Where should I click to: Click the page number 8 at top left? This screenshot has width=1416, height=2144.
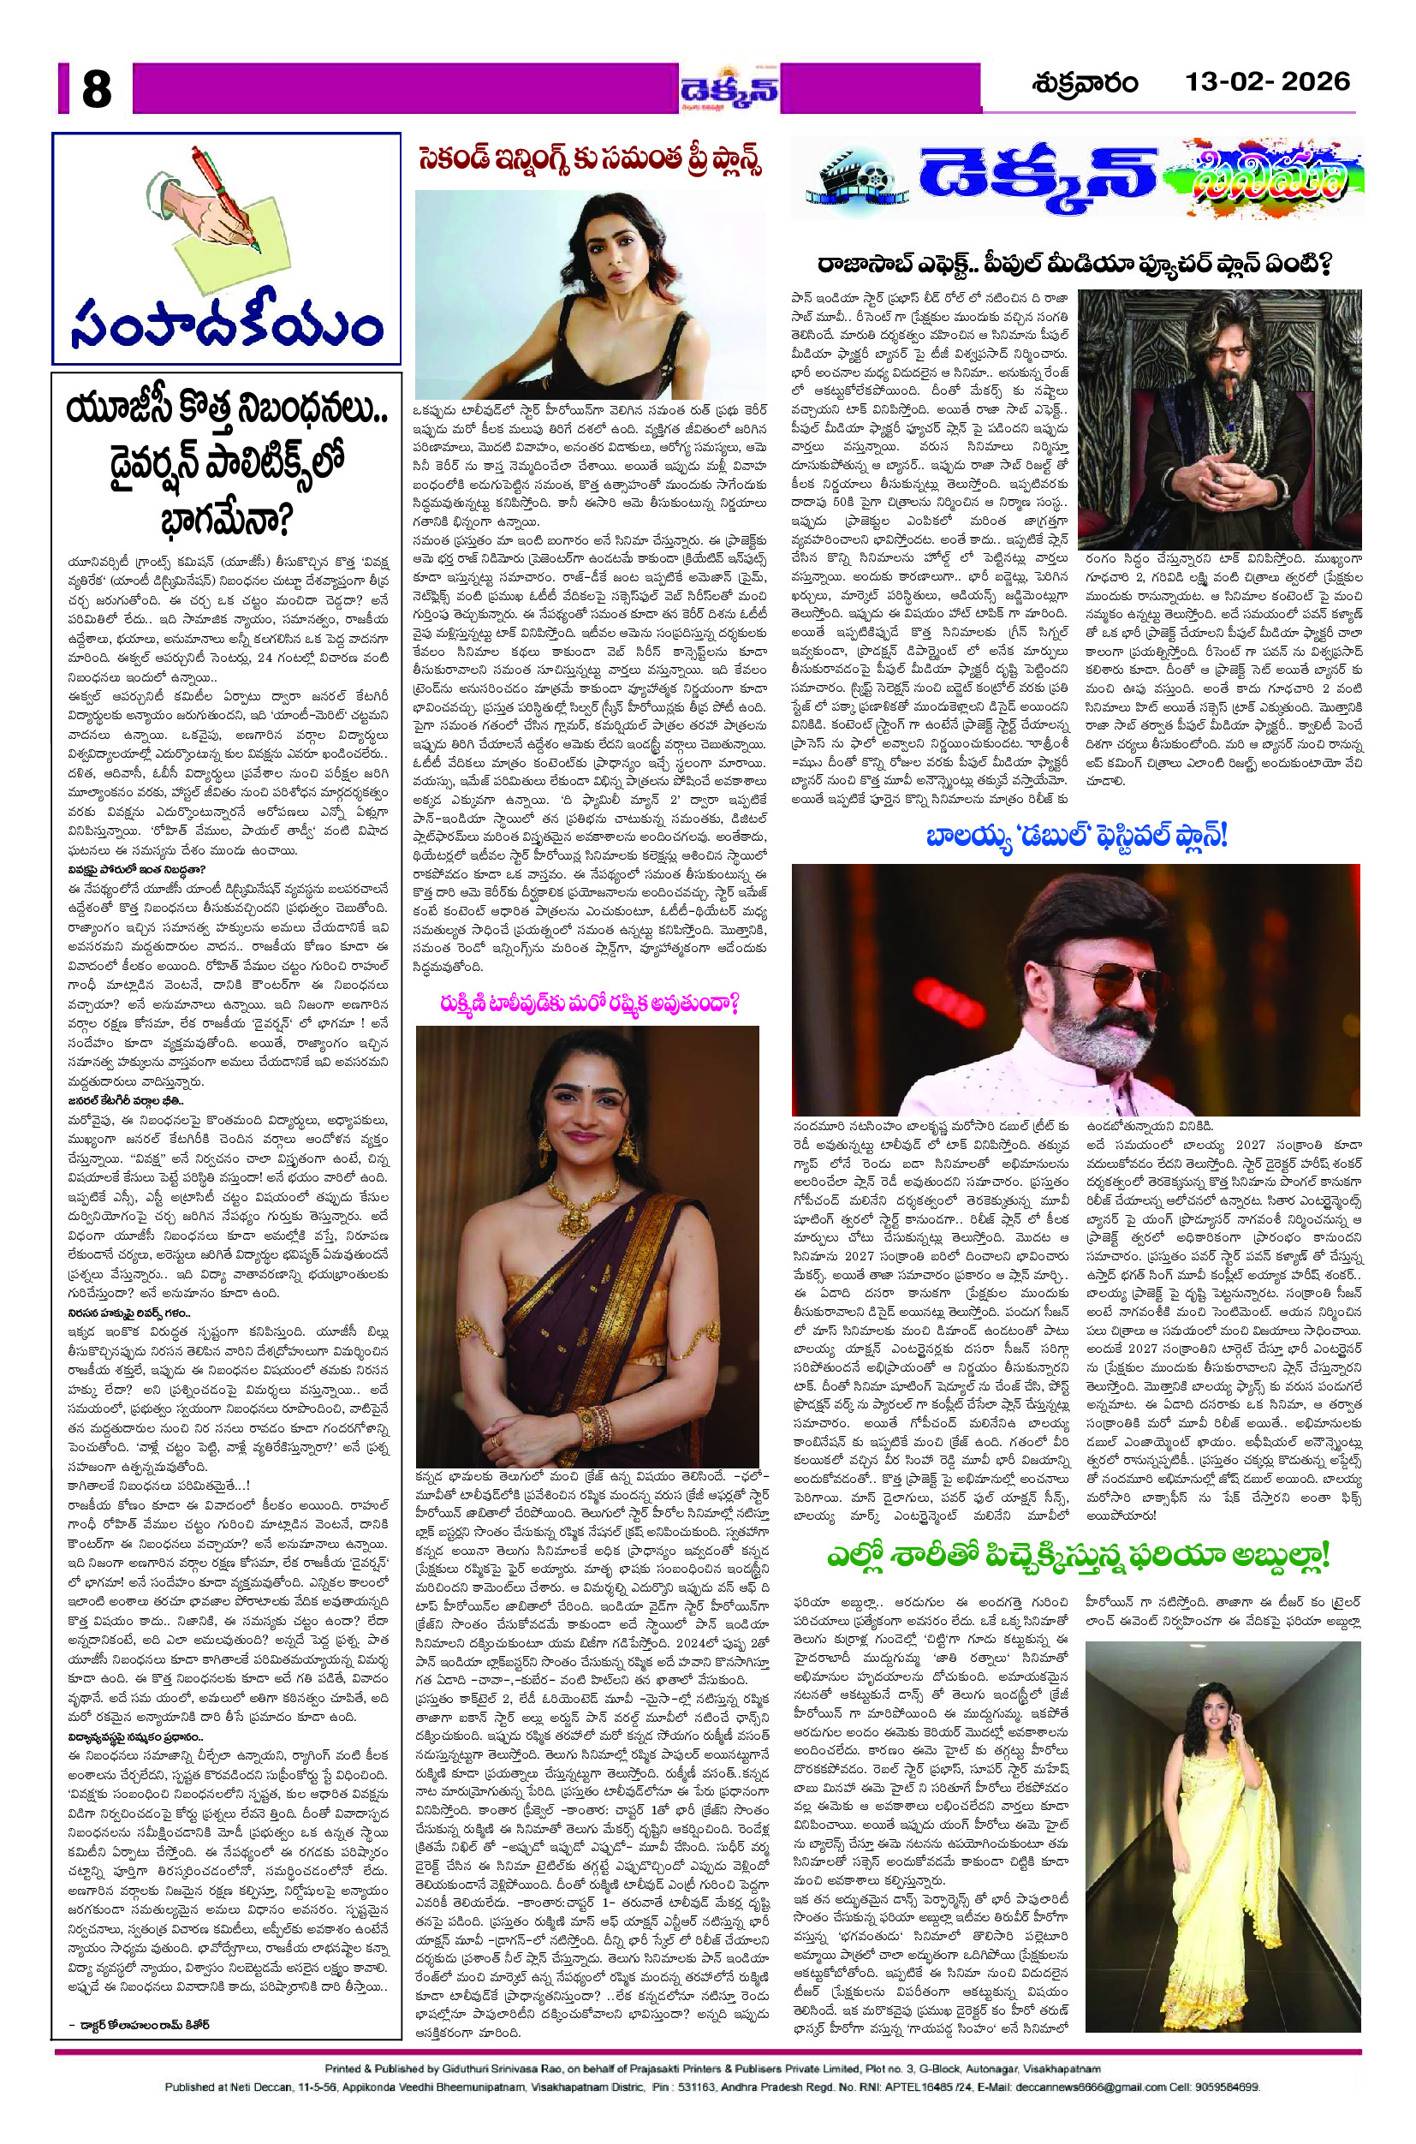96,89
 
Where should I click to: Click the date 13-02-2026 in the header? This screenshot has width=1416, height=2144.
1267,82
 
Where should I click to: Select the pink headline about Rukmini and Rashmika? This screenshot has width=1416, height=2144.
590,1004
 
